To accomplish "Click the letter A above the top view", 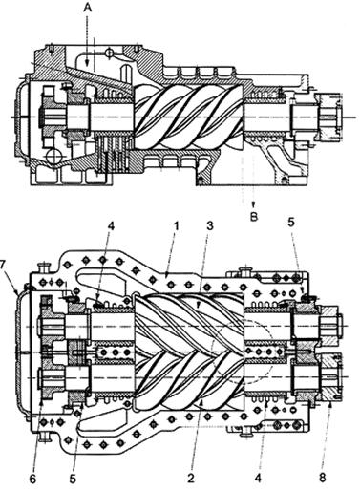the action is pyautogui.click(x=87, y=9).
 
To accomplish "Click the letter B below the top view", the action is pyautogui.click(x=254, y=217).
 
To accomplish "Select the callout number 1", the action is pyautogui.click(x=176, y=226).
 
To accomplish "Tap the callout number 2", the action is pyautogui.click(x=191, y=478).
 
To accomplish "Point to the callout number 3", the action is pyautogui.click(x=209, y=226).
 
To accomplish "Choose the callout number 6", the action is pyautogui.click(x=33, y=479).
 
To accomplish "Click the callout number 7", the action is pyautogui.click(x=3, y=265).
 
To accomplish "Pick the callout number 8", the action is pyautogui.click(x=323, y=478).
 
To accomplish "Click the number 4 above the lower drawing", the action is pyautogui.click(x=111, y=226).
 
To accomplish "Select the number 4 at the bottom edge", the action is pyautogui.click(x=258, y=478).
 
